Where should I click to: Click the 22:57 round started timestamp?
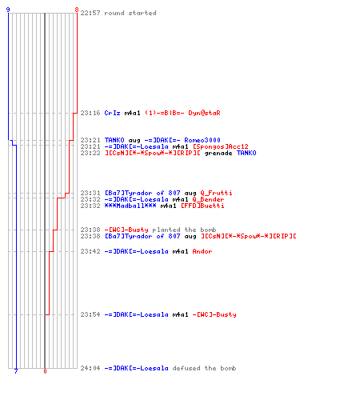tap(90, 13)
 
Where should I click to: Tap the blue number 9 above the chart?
tap(8, 10)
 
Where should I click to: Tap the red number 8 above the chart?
tap(77, 10)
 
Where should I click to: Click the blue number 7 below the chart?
tap(16, 371)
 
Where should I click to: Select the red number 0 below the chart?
tap(45, 371)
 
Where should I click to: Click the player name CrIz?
tap(112, 113)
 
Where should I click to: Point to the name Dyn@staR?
tap(204, 113)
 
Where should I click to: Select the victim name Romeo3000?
tap(202, 140)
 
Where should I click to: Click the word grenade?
tap(218, 153)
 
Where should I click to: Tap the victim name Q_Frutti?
tap(216, 193)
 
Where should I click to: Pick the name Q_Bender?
tap(208, 199)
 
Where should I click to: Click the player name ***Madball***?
tap(130, 206)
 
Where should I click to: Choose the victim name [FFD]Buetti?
tap(202, 206)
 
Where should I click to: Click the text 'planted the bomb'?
tap(184, 230)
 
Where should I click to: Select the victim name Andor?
tap(202, 251)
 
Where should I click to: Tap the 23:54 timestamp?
tap(90, 314)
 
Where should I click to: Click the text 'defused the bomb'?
tap(204, 368)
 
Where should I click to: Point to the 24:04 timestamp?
tap(90, 368)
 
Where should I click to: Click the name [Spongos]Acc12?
tap(221, 146)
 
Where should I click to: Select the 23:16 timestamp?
tap(90, 113)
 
